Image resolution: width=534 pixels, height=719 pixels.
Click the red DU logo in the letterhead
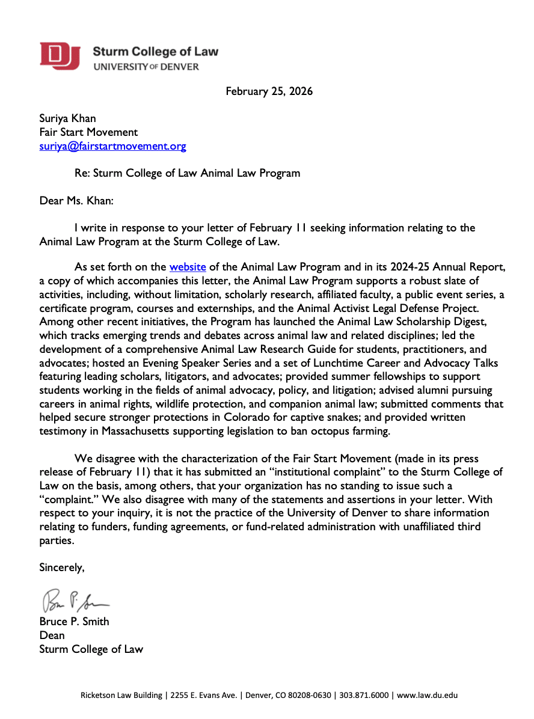[60, 56]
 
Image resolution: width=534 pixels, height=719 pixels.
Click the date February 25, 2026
[269, 91]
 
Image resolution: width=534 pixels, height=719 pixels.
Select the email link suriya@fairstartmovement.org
[112, 146]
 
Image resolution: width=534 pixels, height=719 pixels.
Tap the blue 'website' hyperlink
[188, 267]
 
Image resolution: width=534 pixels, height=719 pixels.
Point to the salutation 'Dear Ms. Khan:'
[76, 200]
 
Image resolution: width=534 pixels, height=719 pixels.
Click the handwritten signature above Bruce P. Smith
[75, 599]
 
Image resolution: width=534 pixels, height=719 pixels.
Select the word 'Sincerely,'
[62, 567]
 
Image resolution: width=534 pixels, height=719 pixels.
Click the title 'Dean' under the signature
[52, 635]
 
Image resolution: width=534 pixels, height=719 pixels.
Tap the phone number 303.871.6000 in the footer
[363, 696]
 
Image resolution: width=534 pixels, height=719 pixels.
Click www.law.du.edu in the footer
[428, 696]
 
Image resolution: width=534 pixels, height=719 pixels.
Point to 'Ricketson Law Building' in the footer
[122, 696]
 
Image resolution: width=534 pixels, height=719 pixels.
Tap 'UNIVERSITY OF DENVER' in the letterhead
[146, 67]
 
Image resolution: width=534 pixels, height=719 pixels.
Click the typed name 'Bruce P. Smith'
[75, 622]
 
